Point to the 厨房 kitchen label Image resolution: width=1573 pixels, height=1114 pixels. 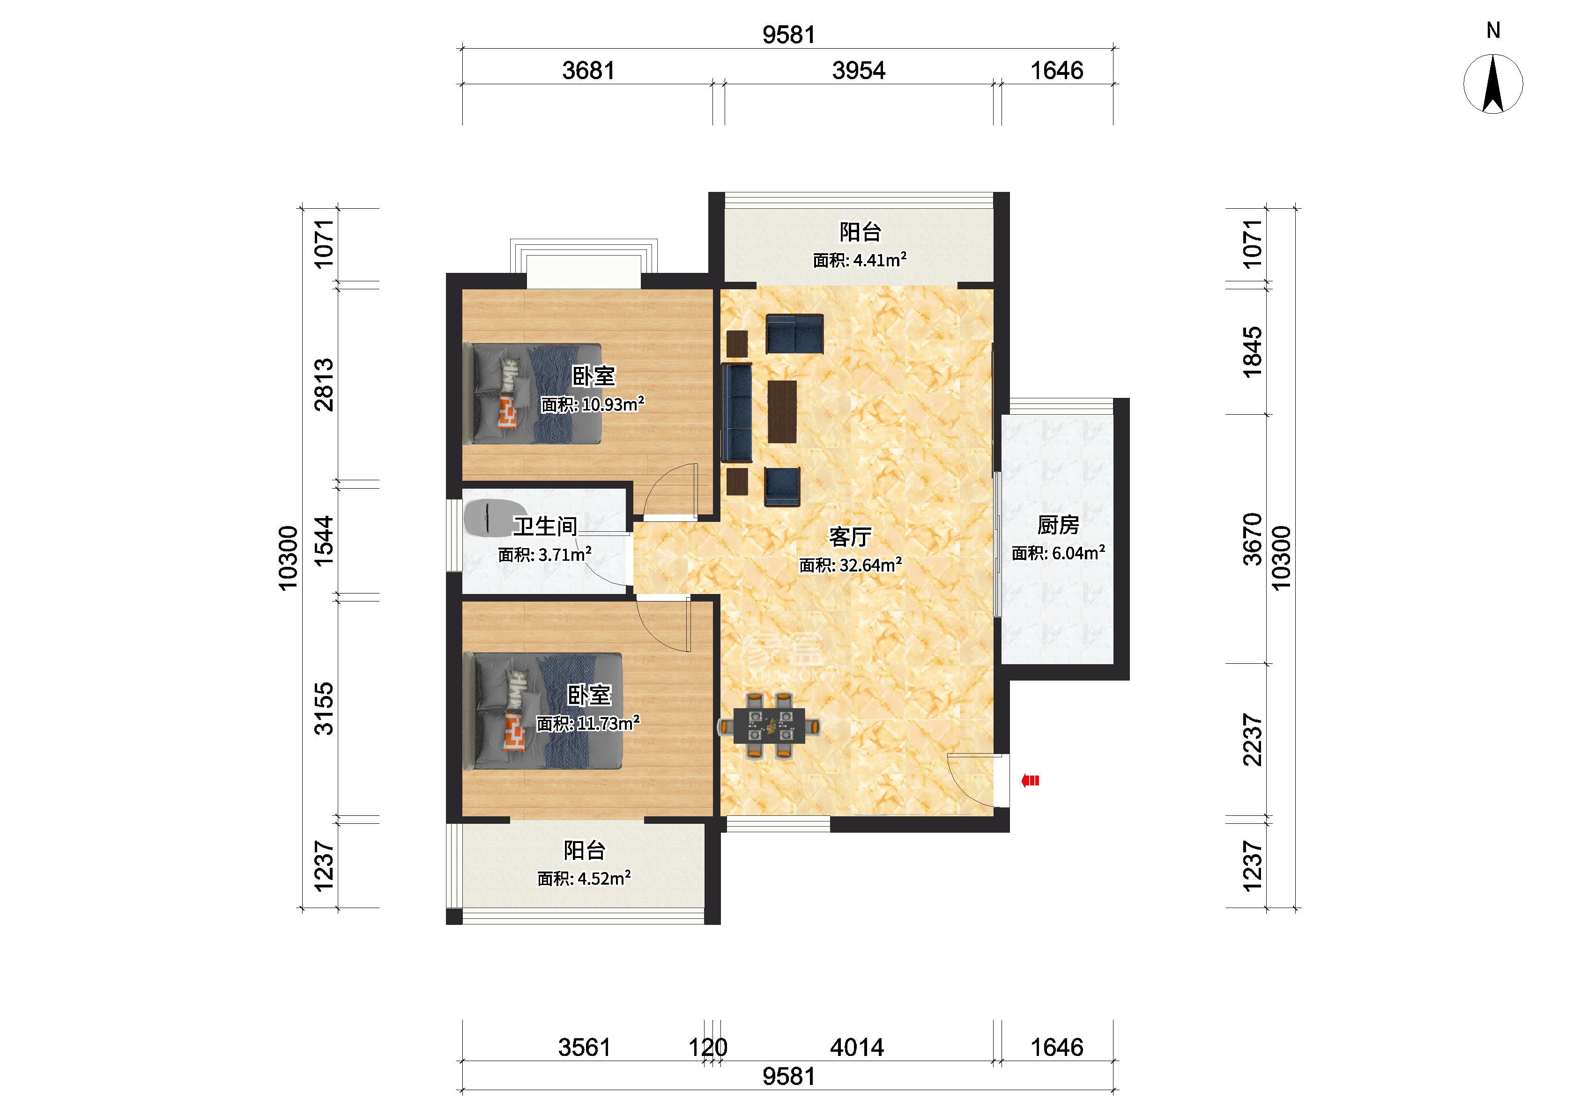pos(1058,526)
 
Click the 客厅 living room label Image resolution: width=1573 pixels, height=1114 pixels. pos(850,536)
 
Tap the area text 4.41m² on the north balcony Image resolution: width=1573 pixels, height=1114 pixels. pos(878,260)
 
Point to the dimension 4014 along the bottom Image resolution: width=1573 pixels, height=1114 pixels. pos(857,1048)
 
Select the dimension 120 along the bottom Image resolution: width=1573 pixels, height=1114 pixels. pos(708,1048)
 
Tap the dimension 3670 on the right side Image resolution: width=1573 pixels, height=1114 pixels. pos(1253,539)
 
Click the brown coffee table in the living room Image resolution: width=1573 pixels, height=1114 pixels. pos(782,411)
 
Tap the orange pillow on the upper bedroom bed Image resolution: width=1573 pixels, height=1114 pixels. pos(508,414)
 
